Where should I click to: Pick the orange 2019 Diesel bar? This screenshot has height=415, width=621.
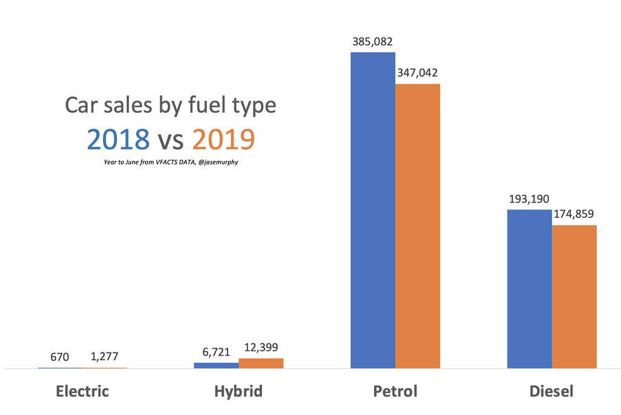574,297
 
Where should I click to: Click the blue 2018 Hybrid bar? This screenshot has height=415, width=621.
216,365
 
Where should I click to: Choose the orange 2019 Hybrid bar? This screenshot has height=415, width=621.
261,363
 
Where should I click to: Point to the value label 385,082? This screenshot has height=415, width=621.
372,42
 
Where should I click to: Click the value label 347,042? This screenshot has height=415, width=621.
417,73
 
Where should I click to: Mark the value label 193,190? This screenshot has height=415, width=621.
529,199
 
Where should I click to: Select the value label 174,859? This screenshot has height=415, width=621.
573,214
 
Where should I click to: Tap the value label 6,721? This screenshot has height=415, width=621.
217,352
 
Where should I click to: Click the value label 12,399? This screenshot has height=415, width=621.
260,348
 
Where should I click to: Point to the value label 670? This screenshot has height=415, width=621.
59,357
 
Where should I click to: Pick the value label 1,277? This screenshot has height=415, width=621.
104,357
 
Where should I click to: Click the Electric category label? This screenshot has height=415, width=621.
82,391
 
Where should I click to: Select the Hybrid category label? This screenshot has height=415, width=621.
238,391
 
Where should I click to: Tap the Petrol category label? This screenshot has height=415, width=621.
395,391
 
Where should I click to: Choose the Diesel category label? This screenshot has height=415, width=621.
551,391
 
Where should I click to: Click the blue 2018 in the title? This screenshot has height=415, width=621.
118,139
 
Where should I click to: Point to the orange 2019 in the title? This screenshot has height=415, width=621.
223,139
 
